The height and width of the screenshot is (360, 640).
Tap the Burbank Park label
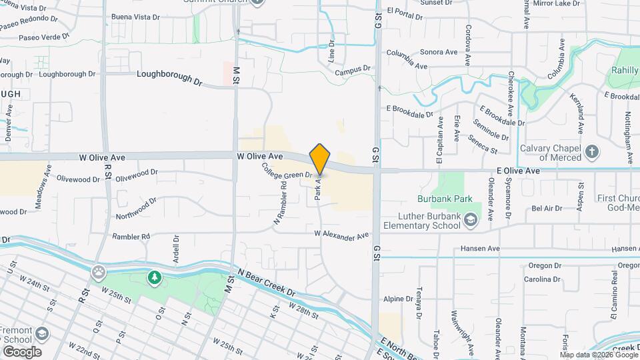click(x=445, y=199)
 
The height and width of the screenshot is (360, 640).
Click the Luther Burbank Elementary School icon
click(x=471, y=220)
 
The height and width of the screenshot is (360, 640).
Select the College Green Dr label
click(x=287, y=171)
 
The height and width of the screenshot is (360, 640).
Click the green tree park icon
click(x=155, y=277)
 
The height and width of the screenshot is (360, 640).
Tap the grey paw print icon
click(x=99, y=271)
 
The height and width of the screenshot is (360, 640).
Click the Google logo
click(x=21, y=351)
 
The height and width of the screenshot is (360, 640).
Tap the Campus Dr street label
click(x=352, y=70)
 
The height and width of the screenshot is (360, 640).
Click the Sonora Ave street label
click(x=438, y=52)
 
